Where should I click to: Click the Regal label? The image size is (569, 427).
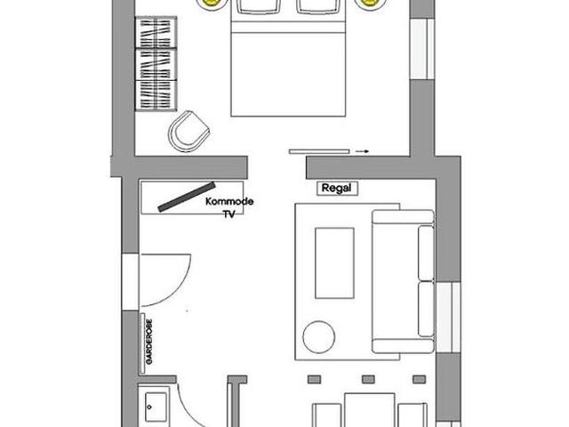click(x=336, y=188)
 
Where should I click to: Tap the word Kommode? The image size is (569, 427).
click(x=229, y=202)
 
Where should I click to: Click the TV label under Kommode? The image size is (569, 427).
click(x=229, y=214)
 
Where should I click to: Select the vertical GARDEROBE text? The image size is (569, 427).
click(x=149, y=342)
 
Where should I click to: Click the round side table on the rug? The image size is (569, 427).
click(x=318, y=336)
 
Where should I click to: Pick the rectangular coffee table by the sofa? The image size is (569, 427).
click(x=334, y=263)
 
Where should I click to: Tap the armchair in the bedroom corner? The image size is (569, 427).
click(x=188, y=132)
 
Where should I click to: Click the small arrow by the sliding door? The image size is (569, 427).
click(x=362, y=151)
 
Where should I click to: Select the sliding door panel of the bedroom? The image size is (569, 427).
click(x=319, y=151)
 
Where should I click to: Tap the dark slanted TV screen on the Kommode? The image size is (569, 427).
click(x=187, y=197)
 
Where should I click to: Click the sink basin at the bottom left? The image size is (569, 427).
click(x=156, y=407)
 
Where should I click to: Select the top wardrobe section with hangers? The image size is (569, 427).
click(x=156, y=32)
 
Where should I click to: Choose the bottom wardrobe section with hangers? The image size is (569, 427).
click(x=156, y=95)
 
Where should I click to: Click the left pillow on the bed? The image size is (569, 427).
click(x=258, y=6)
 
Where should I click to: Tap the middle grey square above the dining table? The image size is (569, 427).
click(x=368, y=380)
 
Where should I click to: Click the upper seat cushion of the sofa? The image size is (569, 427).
click(x=426, y=253)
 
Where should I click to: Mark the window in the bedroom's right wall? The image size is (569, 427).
click(x=422, y=49)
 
